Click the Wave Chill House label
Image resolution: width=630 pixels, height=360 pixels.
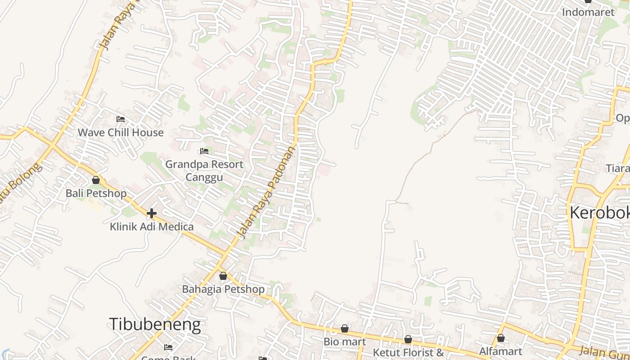click(x=121, y=132)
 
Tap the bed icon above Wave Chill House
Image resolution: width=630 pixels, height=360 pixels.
click(x=121, y=119)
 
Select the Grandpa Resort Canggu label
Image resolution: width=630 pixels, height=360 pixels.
click(x=204, y=170)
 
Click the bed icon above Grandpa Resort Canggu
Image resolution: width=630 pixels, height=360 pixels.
click(x=204, y=151)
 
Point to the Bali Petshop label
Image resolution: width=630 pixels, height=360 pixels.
click(x=96, y=193)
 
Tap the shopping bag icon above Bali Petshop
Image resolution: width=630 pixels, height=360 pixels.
click(x=96, y=180)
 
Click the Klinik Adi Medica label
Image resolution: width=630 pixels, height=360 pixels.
click(x=152, y=226)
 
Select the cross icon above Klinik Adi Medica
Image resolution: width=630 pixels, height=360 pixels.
click(x=152, y=213)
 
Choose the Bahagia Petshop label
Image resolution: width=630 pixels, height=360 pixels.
click(x=223, y=289)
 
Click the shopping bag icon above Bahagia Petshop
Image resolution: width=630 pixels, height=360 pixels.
click(x=223, y=276)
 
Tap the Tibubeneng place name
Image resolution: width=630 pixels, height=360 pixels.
click(x=155, y=324)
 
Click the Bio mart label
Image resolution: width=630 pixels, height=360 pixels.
click(x=344, y=342)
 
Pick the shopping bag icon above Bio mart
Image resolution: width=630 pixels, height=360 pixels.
click(x=345, y=329)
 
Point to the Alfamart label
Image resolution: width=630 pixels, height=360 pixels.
click(x=500, y=351)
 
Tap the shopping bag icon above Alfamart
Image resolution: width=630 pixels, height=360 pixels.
click(x=501, y=338)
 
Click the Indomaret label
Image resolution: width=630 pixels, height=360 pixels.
click(x=588, y=12)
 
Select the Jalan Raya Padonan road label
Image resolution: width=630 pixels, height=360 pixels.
click(x=267, y=191)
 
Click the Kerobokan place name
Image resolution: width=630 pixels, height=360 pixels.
click(x=599, y=213)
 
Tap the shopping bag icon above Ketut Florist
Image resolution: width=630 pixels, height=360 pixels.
click(x=408, y=339)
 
